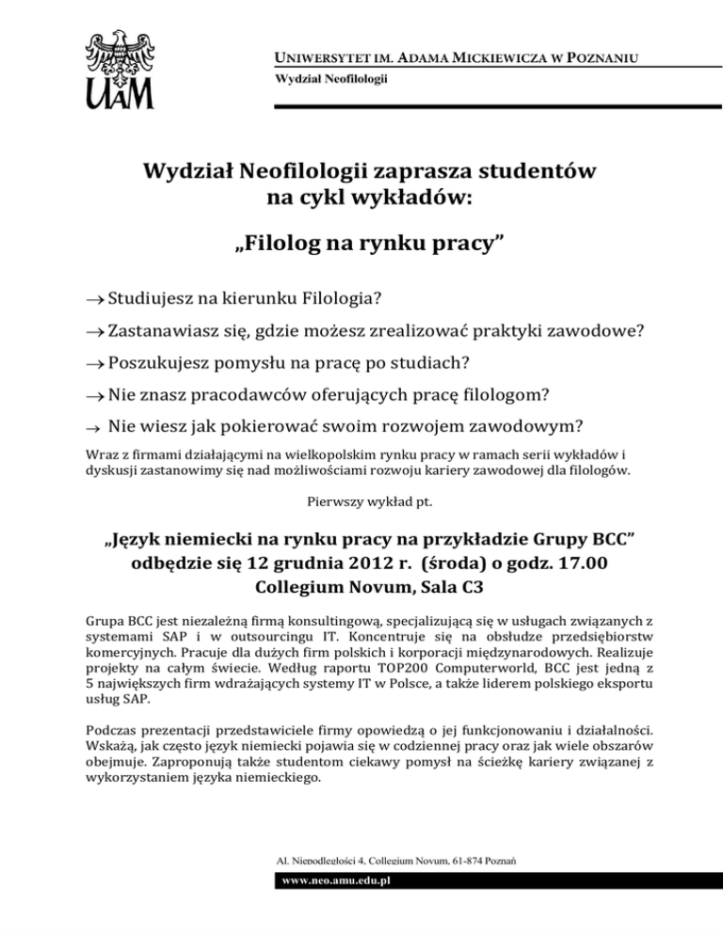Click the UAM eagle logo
point(121,69)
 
